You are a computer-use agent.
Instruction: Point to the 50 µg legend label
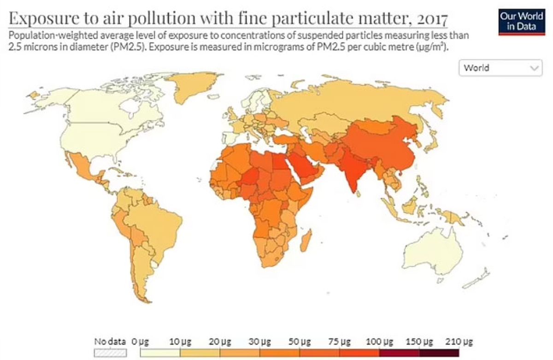300,342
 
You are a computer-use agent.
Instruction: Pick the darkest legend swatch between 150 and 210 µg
440,353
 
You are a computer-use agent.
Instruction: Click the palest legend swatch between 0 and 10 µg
160,353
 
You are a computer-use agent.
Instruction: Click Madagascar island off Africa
305,242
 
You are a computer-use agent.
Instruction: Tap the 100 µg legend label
379,342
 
